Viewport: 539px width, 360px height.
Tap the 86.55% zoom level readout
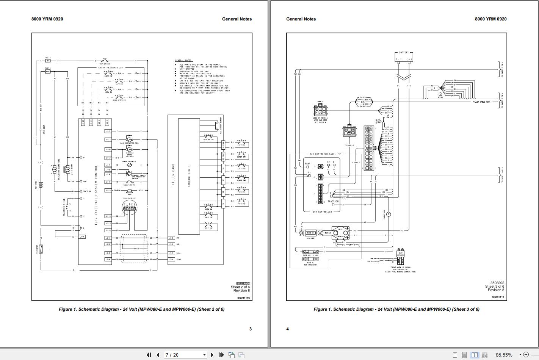(x=504, y=355)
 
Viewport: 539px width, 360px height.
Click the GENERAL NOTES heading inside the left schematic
(x=183, y=61)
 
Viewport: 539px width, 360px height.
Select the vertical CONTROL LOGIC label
(x=189, y=176)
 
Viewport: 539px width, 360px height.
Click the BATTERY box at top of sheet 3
(x=404, y=57)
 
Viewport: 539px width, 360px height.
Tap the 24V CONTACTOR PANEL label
(x=322, y=154)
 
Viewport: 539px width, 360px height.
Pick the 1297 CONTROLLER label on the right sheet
(x=322, y=212)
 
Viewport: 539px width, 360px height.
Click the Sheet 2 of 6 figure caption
(x=141, y=309)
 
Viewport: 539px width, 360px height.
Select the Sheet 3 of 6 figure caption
(x=396, y=309)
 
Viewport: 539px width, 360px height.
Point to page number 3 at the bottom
(x=250, y=329)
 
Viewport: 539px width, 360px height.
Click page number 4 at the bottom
(x=287, y=329)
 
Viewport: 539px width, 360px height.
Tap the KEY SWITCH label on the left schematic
(x=104, y=64)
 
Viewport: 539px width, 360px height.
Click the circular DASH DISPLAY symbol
(x=128, y=208)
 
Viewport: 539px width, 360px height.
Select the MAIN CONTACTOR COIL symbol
(x=128, y=139)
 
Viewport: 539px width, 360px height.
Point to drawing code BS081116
(x=243, y=298)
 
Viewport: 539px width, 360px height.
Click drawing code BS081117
(x=498, y=297)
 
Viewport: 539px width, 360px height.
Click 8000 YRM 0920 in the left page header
(x=47, y=19)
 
